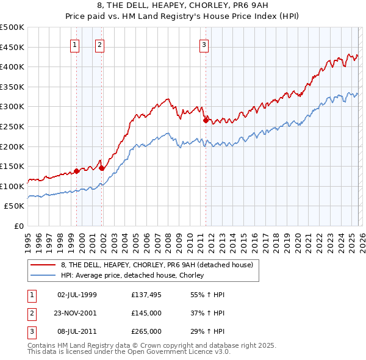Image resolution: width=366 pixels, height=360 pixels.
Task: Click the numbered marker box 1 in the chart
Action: point(74,44)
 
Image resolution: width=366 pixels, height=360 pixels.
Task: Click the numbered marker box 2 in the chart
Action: point(99,44)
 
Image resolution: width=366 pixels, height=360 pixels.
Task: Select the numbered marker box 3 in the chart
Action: point(204,44)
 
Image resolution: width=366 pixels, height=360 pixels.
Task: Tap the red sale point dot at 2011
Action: point(206,121)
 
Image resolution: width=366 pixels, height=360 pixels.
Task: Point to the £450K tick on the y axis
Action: point(12,47)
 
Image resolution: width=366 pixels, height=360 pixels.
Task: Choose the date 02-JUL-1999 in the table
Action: point(77,295)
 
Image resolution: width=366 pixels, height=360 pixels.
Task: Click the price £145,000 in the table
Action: point(146,313)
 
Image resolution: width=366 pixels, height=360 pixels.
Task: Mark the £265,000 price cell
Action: point(146,331)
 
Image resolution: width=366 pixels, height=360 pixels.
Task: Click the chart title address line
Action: point(183,6)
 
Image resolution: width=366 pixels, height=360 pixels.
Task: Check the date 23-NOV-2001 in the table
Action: point(77,313)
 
